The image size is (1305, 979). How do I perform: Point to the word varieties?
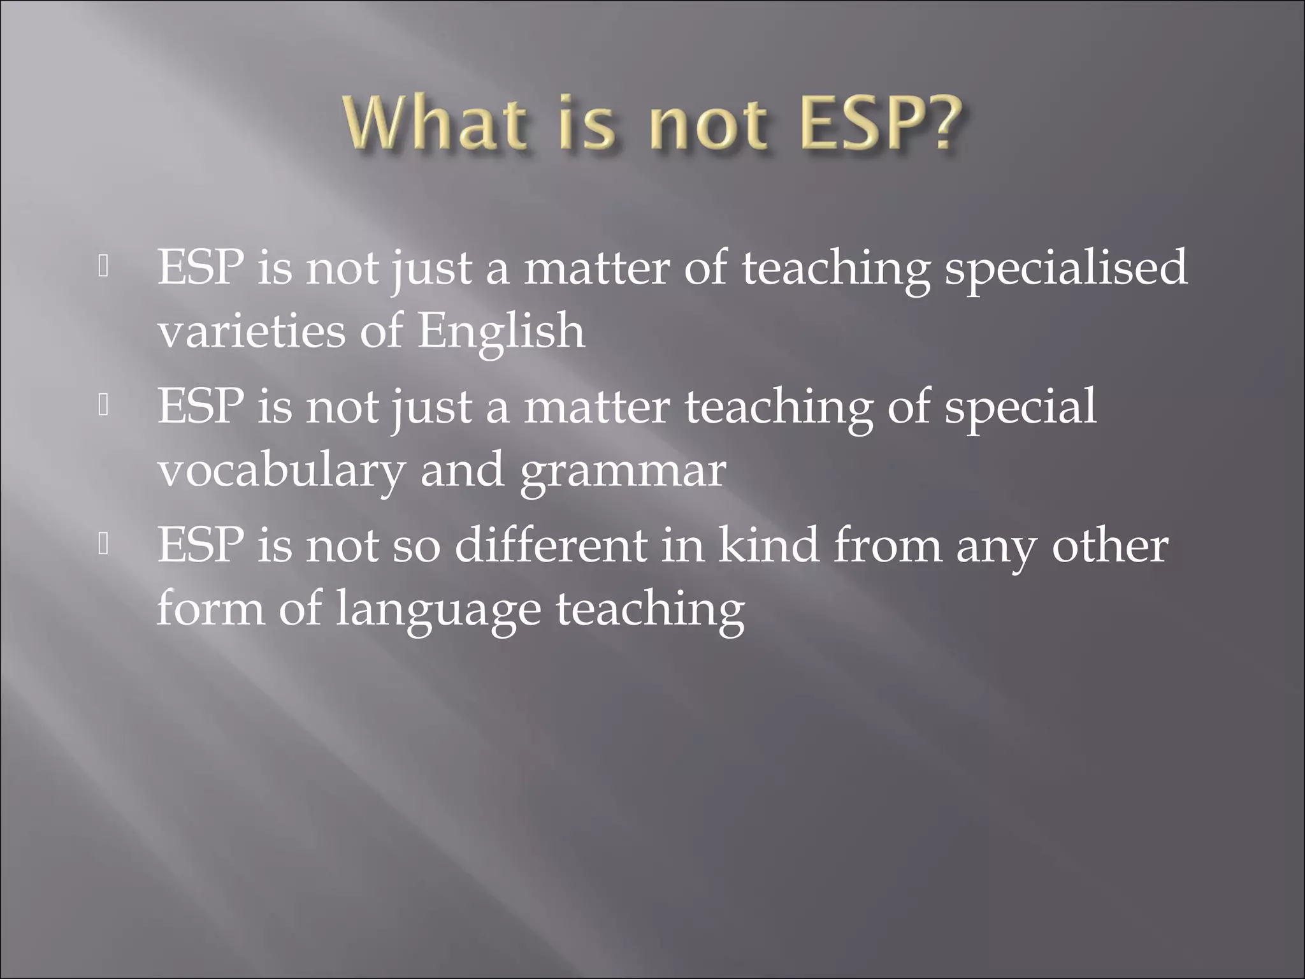(x=251, y=331)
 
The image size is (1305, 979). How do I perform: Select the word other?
(x=1109, y=547)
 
